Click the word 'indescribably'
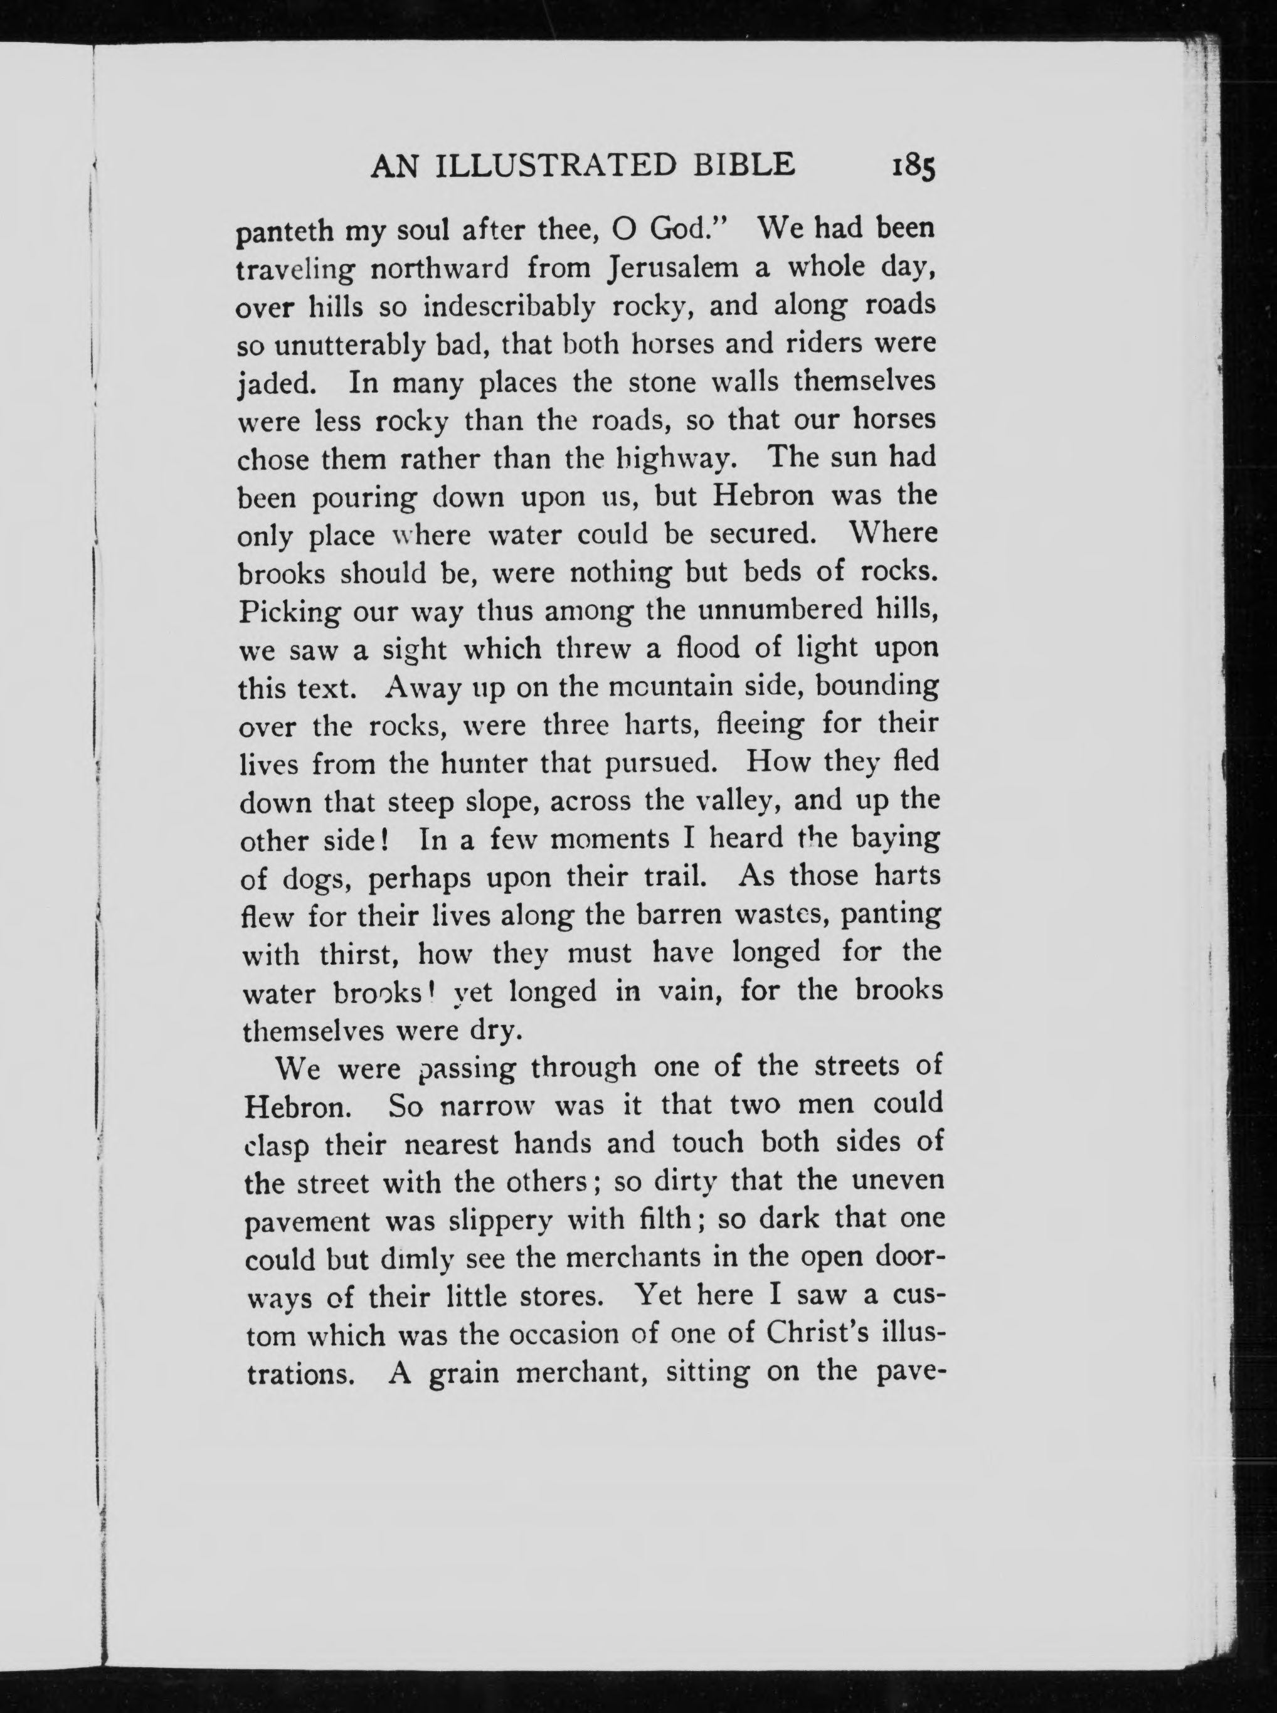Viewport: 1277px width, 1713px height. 510,307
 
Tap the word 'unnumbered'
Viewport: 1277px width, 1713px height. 780,611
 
